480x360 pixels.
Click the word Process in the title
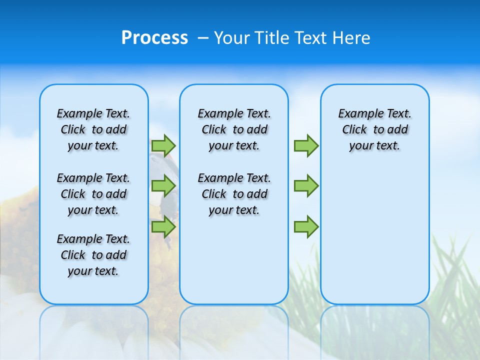coord(154,37)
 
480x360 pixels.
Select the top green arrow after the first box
coord(163,145)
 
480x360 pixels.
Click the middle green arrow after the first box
coord(163,186)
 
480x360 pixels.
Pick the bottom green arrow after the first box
coord(163,227)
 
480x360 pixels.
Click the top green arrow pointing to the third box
coord(306,145)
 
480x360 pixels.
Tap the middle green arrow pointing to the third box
coord(306,186)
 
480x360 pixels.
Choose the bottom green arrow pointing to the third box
coord(306,227)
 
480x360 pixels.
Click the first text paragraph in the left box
coord(93,129)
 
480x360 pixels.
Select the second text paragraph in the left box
coord(93,194)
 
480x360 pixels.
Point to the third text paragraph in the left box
coord(93,255)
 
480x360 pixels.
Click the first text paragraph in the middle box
coord(234,129)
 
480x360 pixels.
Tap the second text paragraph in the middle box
coord(234,194)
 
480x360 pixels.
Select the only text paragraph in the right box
coord(375,129)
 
